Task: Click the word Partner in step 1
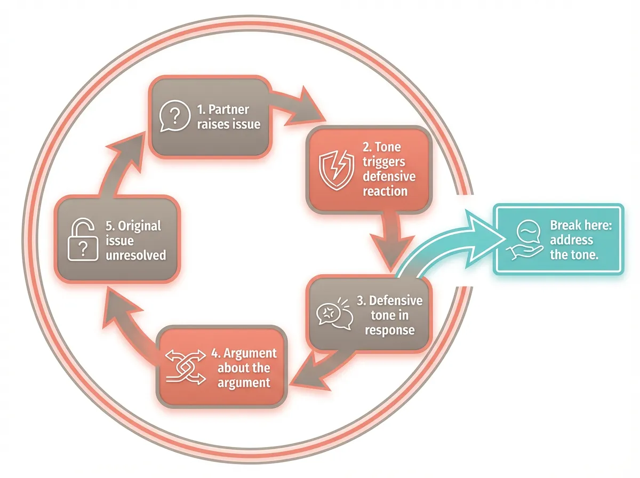(x=228, y=109)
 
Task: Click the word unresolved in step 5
(x=135, y=255)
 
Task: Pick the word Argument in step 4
(x=250, y=353)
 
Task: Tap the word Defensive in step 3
(x=396, y=300)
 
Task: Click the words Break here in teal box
(x=581, y=225)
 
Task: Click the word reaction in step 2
(x=385, y=191)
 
